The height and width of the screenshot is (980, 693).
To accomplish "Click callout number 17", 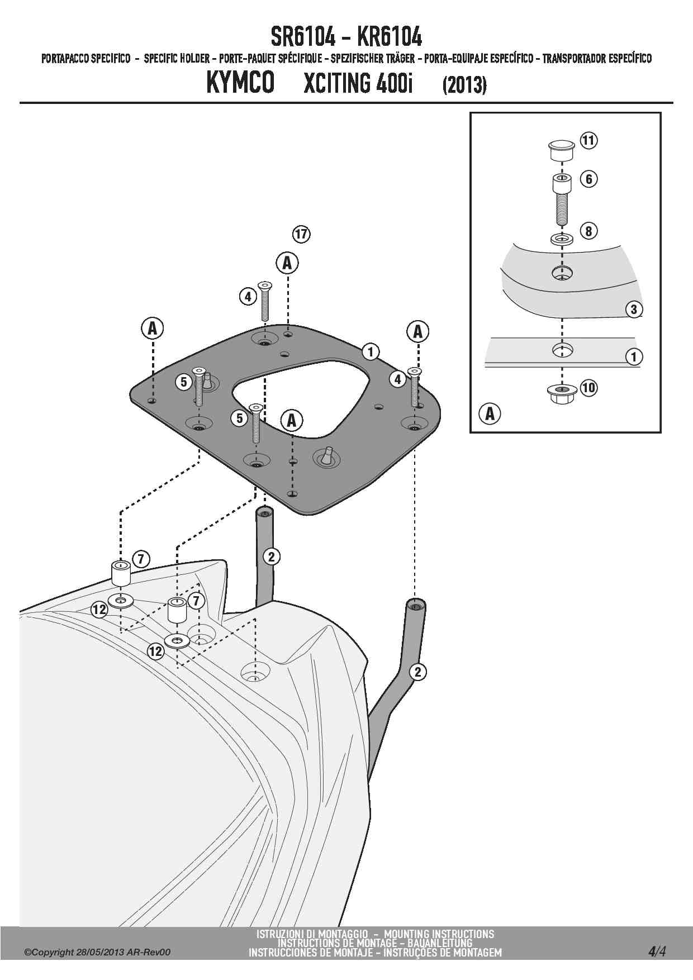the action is click(x=301, y=234).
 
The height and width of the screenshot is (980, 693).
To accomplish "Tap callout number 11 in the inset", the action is click(x=588, y=140).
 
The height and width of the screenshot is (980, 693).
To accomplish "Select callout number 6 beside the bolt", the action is click(x=589, y=179).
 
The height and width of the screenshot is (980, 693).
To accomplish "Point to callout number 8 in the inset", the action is click(x=589, y=230).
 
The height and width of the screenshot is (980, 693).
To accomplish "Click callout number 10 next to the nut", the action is click(x=588, y=387).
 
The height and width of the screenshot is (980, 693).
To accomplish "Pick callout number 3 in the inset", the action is click(x=634, y=309).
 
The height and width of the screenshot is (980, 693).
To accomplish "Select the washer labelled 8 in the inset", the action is click(x=562, y=239).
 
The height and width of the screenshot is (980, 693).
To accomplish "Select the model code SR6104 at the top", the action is click(x=303, y=37).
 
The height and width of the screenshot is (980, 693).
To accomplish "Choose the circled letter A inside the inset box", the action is click(x=490, y=413).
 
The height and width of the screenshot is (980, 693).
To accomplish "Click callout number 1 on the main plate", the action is click(x=371, y=351).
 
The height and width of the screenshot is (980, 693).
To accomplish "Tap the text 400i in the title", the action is click(x=394, y=83).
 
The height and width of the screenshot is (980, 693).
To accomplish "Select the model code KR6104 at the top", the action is click(x=389, y=37).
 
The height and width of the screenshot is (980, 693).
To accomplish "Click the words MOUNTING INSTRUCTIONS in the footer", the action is click(x=439, y=934).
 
